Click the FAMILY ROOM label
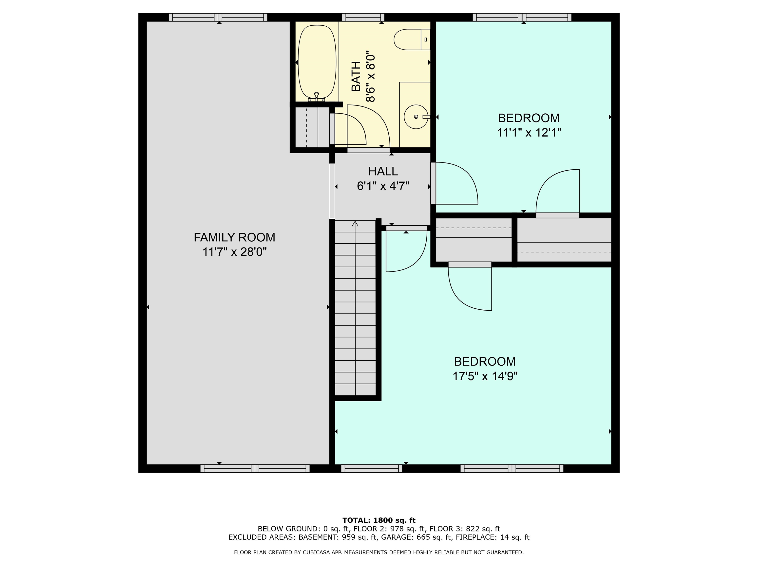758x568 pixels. click(x=234, y=237)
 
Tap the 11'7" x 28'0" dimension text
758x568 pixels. click(x=234, y=252)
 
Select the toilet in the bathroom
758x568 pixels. click(x=412, y=39)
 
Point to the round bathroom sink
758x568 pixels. click(x=416, y=117)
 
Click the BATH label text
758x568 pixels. click(x=356, y=76)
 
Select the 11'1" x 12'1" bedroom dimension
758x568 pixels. click(x=529, y=132)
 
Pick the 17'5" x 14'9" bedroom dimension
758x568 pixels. click(x=485, y=376)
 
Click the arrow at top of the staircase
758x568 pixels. click(x=355, y=224)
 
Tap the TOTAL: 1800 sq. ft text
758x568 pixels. click(x=379, y=520)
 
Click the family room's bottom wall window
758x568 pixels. click(x=255, y=468)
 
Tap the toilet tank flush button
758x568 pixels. click(x=426, y=39)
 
